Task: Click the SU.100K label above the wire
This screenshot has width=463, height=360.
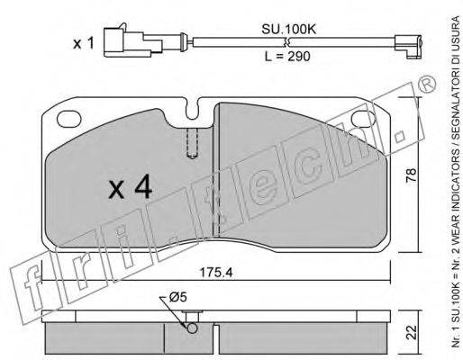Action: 288,30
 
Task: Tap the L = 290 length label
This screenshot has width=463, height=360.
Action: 287,56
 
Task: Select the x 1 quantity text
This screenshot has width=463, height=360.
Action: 84,43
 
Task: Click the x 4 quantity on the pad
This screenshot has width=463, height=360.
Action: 131,187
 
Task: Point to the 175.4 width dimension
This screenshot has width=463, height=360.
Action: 216,273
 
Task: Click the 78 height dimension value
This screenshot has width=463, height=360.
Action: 411,175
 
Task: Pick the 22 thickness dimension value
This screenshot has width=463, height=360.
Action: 412,332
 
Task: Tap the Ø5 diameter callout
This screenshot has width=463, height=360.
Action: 178,297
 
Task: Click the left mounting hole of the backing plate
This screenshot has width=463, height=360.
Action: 68,118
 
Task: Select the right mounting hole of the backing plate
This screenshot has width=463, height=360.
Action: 363,118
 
